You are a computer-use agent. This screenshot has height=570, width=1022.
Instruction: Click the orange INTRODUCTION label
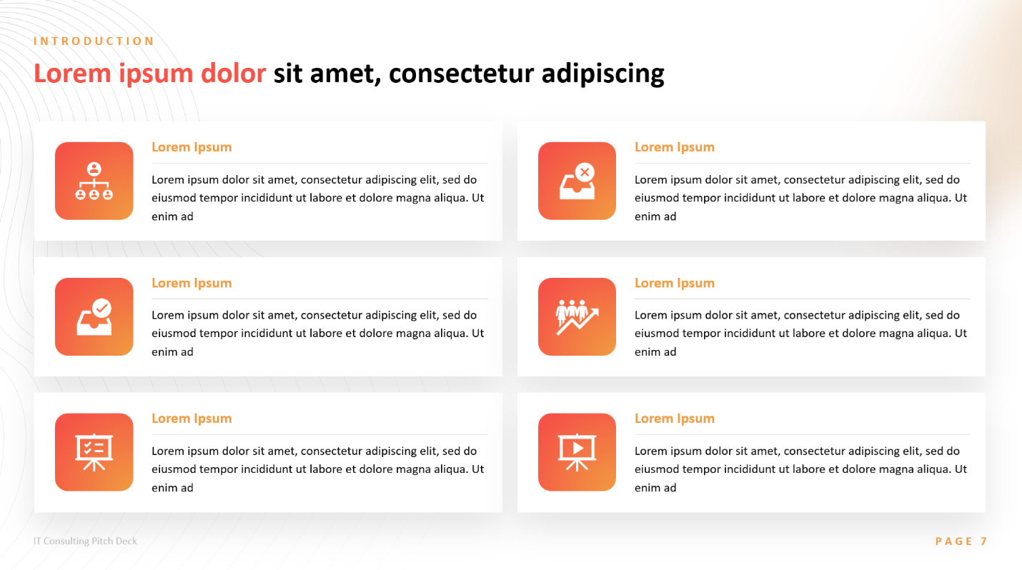(94, 41)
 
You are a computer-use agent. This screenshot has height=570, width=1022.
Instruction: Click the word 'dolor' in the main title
(233, 73)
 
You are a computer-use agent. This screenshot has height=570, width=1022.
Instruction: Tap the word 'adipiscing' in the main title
(602, 74)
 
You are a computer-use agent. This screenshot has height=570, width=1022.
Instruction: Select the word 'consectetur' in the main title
(461, 74)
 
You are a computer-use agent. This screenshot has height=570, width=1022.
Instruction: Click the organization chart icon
(94, 181)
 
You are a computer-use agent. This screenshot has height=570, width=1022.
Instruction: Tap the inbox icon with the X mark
(577, 181)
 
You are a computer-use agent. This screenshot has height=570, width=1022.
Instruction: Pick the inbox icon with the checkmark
(94, 316)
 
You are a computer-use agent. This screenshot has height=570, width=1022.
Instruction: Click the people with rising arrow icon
(577, 316)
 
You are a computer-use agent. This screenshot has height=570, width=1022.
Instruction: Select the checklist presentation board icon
(94, 452)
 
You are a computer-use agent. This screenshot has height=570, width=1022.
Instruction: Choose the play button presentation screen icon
(577, 452)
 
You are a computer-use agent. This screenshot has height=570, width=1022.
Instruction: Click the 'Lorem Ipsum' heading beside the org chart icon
(192, 147)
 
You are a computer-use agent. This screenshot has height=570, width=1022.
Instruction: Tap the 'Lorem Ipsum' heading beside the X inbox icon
(675, 147)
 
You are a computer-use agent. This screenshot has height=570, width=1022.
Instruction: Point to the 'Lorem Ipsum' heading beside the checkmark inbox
(192, 283)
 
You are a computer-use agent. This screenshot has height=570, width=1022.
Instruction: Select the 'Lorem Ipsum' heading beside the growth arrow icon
(675, 283)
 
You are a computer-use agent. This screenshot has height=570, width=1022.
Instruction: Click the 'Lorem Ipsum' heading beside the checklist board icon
(192, 418)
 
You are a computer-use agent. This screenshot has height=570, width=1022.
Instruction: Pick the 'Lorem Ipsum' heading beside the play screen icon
(675, 418)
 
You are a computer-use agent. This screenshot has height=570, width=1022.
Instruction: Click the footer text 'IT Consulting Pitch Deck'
(85, 541)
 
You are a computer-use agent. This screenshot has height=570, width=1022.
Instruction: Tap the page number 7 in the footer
(983, 541)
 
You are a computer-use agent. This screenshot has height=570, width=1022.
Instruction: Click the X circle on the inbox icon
(585, 172)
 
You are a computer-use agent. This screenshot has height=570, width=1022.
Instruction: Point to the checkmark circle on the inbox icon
(101, 309)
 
